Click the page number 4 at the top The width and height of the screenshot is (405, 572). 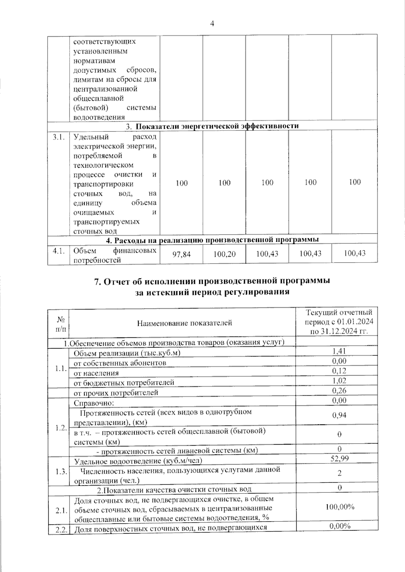(212, 24)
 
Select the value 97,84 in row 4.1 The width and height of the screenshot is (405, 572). (182, 254)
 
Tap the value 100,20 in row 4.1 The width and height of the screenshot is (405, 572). (224, 254)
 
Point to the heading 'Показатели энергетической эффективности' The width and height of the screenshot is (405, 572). (217, 126)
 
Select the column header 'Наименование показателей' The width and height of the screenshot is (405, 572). (184, 323)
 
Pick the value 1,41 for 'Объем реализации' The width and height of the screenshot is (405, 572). (339, 351)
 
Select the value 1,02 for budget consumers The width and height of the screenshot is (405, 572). (339, 381)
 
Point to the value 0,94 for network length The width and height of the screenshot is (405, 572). (339, 415)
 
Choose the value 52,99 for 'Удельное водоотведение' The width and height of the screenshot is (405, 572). (340, 459)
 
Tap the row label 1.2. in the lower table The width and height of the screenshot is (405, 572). (61, 428)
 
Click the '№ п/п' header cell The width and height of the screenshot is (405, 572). (61, 323)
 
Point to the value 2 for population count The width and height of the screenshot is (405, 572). (340, 473)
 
